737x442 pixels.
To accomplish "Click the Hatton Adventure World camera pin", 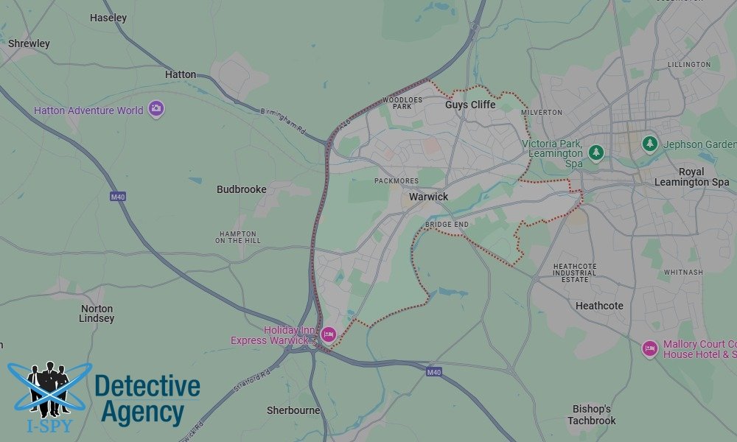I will pyautogui.click(x=156, y=110).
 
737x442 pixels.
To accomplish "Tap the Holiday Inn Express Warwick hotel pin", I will pyautogui.click(x=328, y=335).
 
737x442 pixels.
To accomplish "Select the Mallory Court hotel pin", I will pyautogui.click(x=649, y=348).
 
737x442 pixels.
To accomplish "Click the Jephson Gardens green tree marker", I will pyautogui.click(x=649, y=144).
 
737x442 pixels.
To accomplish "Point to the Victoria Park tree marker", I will pyautogui.click(x=596, y=152).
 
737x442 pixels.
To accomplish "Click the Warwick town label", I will pyautogui.click(x=428, y=197).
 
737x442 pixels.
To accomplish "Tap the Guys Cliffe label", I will pyautogui.click(x=470, y=105).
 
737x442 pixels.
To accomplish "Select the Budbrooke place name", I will pyautogui.click(x=241, y=189).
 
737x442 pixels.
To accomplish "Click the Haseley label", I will pyautogui.click(x=108, y=18).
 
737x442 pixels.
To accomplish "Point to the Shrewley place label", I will pyautogui.click(x=29, y=43).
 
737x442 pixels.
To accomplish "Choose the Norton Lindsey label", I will pyautogui.click(x=97, y=314).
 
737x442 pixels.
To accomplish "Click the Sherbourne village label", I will pyautogui.click(x=293, y=410).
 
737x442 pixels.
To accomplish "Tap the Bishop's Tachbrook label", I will pyautogui.click(x=591, y=415).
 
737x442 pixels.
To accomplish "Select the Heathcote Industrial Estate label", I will pyautogui.click(x=574, y=273).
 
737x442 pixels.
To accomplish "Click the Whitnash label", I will pyautogui.click(x=683, y=272).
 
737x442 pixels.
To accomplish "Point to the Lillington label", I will pyautogui.click(x=689, y=65).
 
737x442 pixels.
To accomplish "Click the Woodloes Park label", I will pyautogui.click(x=402, y=102).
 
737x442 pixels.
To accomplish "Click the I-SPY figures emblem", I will pyautogui.click(x=49, y=387).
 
